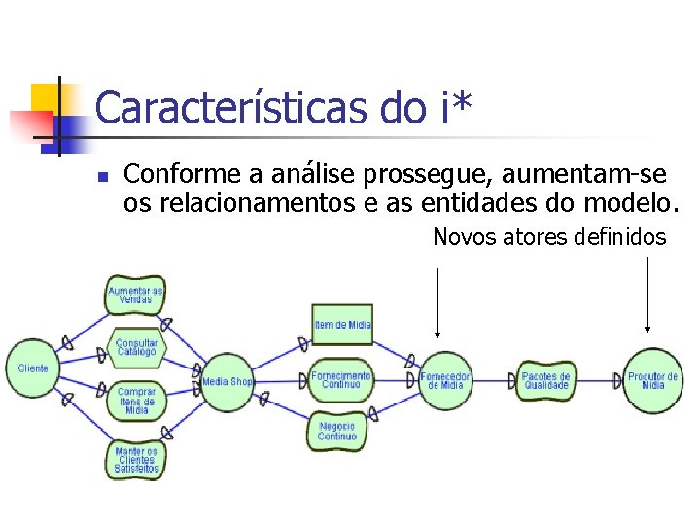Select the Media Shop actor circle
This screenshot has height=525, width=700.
point(227,381)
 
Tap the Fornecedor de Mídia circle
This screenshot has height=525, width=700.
point(445,380)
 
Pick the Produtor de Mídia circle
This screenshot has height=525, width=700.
point(652,380)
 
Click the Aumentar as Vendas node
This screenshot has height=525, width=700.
point(136,296)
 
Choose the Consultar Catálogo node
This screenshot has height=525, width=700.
point(136,347)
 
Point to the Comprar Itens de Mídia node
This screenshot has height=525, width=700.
point(137,401)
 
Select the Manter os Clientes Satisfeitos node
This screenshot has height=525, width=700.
point(136,459)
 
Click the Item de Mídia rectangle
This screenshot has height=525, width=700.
point(342,325)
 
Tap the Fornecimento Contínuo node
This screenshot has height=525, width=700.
point(341,379)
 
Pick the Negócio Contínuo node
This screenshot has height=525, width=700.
point(336,431)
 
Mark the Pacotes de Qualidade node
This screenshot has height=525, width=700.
point(545,380)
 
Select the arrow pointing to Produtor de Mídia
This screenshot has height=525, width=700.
point(648,302)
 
